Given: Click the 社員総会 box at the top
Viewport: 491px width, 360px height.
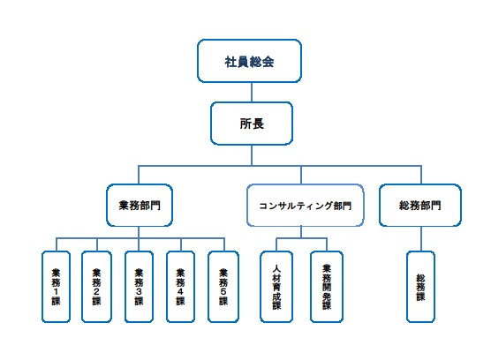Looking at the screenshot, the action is pos(249,61).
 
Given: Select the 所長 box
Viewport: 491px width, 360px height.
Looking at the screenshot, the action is pos(252,124).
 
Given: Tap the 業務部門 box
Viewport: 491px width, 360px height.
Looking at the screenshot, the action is pos(140,206).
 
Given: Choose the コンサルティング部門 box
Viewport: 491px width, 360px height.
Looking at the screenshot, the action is pos(306,206).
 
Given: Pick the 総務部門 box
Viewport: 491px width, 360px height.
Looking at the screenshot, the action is pos(420,206).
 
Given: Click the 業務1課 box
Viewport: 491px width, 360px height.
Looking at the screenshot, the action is pos(56,287).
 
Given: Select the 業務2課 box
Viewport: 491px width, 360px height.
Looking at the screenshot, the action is pos(96,287).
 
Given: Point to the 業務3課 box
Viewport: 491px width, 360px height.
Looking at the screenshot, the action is pos(139,287).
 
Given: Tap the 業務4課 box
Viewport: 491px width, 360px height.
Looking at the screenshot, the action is pos(180,287).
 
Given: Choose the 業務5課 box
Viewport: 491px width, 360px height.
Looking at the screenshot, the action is pos(223,287).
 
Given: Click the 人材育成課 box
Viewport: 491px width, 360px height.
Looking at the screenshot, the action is pos(276,287).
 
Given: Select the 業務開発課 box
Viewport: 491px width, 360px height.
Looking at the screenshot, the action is pos(327,287).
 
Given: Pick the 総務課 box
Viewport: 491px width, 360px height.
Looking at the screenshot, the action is pos(420,287).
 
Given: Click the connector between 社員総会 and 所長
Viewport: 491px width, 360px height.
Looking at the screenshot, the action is pos(252,93).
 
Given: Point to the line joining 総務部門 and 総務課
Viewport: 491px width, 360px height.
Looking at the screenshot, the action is pos(421,238).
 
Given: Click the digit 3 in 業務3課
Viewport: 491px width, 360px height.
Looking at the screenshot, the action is pos(139,291).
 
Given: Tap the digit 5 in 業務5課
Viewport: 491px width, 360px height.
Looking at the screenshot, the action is pos(223,291).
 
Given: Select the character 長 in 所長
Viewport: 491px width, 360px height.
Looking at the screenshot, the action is pos(258,124).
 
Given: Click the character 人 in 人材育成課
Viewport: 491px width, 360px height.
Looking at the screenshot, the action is pos(276,268).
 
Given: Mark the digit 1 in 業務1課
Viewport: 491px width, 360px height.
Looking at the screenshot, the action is pos(56,291).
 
